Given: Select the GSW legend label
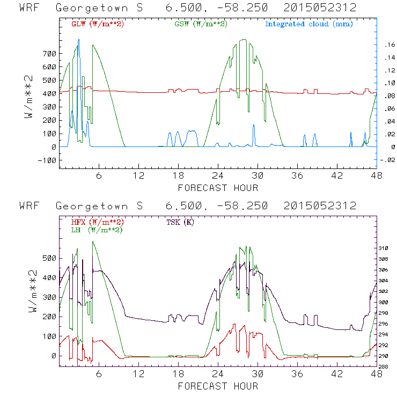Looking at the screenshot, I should [x=201, y=24].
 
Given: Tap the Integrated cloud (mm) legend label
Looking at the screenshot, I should [x=308, y=24].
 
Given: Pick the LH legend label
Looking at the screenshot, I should [x=97, y=230].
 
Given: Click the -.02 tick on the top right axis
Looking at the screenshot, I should [x=387, y=160].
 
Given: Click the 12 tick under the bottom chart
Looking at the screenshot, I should [x=139, y=374].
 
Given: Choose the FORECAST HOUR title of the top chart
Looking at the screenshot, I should [x=218, y=188].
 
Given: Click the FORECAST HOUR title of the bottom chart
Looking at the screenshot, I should [x=218, y=386].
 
